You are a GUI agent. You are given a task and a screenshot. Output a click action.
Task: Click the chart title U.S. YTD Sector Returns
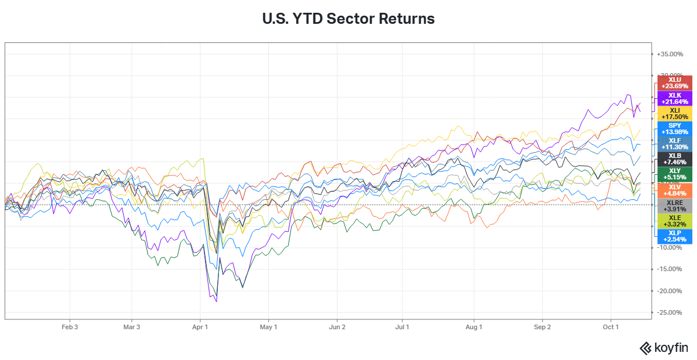click(x=348, y=19)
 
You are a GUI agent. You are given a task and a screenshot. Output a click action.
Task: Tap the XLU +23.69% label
click(x=674, y=83)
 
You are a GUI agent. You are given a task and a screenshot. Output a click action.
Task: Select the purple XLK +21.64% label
click(x=674, y=98)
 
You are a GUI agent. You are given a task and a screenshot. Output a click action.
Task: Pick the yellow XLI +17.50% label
click(x=674, y=114)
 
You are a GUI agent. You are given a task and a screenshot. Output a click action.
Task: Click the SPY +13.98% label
click(x=674, y=129)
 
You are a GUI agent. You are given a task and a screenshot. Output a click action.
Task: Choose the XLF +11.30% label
click(x=674, y=144)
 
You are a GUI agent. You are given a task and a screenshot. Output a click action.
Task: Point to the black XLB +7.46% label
click(x=674, y=159)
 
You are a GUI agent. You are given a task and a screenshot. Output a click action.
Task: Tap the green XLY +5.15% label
click(x=674, y=174)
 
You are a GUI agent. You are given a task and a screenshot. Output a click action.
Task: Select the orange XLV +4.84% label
click(x=674, y=190)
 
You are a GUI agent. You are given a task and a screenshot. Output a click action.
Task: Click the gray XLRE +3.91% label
click(x=674, y=206)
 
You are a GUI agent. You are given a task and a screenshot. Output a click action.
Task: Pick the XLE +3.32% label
click(x=674, y=221)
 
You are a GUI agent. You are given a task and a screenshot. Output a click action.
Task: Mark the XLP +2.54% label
click(x=674, y=236)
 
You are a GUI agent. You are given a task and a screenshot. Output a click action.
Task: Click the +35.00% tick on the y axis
click(x=670, y=54)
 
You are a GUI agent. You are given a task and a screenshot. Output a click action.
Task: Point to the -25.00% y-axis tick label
click(x=670, y=312)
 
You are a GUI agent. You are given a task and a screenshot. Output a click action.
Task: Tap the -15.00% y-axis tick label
click(x=670, y=269)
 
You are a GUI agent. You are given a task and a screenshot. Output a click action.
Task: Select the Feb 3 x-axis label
click(x=70, y=327)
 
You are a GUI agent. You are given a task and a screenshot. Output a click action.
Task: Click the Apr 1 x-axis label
click(x=200, y=327)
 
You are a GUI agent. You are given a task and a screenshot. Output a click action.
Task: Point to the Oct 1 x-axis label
click(x=611, y=327)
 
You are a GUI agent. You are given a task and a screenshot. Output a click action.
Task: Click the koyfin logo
click(x=663, y=348)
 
